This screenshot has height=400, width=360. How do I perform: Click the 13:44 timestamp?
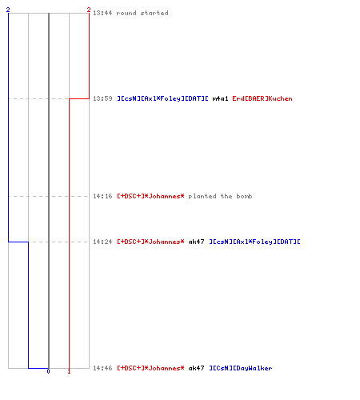[x=102, y=13]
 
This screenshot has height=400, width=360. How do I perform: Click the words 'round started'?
[x=142, y=13]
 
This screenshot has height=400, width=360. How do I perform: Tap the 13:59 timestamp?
[x=102, y=98]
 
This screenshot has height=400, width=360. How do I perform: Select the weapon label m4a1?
[x=220, y=98]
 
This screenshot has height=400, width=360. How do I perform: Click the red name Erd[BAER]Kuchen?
[x=262, y=98]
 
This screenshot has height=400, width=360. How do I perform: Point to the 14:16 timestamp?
[x=102, y=196]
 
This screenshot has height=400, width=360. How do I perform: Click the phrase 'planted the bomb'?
[x=220, y=196]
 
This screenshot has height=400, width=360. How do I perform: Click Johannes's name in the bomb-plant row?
[x=150, y=196]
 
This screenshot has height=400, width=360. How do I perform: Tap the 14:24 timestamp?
[x=102, y=242]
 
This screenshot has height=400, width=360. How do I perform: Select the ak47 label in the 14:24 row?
[x=196, y=242]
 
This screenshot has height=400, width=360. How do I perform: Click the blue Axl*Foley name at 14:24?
[x=254, y=242]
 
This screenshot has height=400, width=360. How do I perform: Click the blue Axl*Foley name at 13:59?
[x=162, y=98]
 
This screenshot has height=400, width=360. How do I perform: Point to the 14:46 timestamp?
[x=102, y=368]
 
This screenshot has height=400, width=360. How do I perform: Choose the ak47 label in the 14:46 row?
[x=196, y=368]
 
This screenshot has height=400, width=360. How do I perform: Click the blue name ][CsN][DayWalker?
[x=241, y=368]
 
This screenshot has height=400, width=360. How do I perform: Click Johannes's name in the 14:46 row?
[x=150, y=368]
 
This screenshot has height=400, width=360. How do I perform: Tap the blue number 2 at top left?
[x=8, y=10]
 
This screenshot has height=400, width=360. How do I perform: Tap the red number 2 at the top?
[x=89, y=10]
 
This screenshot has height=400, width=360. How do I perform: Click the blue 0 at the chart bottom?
[x=48, y=371]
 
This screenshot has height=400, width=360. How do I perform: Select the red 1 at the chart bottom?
[x=69, y=371]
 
